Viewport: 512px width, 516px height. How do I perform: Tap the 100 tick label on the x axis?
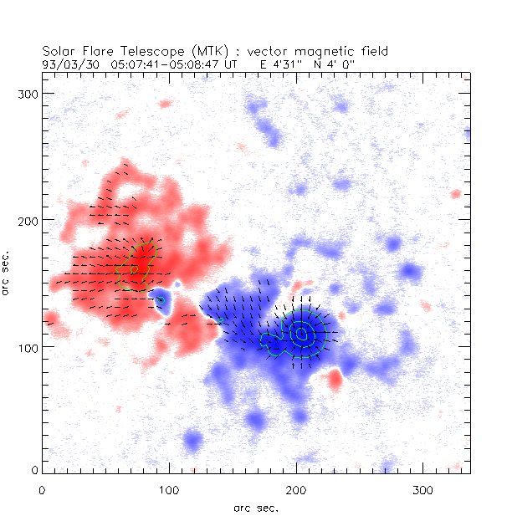click(x=169, y=488)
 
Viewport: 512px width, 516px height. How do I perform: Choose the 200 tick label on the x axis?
click(x=296, y=488)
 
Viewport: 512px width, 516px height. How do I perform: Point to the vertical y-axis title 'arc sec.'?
click(x=7, y=272)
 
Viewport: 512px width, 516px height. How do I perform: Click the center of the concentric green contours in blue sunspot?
click(x=302, y=335)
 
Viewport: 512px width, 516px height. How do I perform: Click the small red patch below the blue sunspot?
click(x=335, y=381)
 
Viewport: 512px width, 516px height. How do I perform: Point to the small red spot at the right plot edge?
click(x=456, y=194)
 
